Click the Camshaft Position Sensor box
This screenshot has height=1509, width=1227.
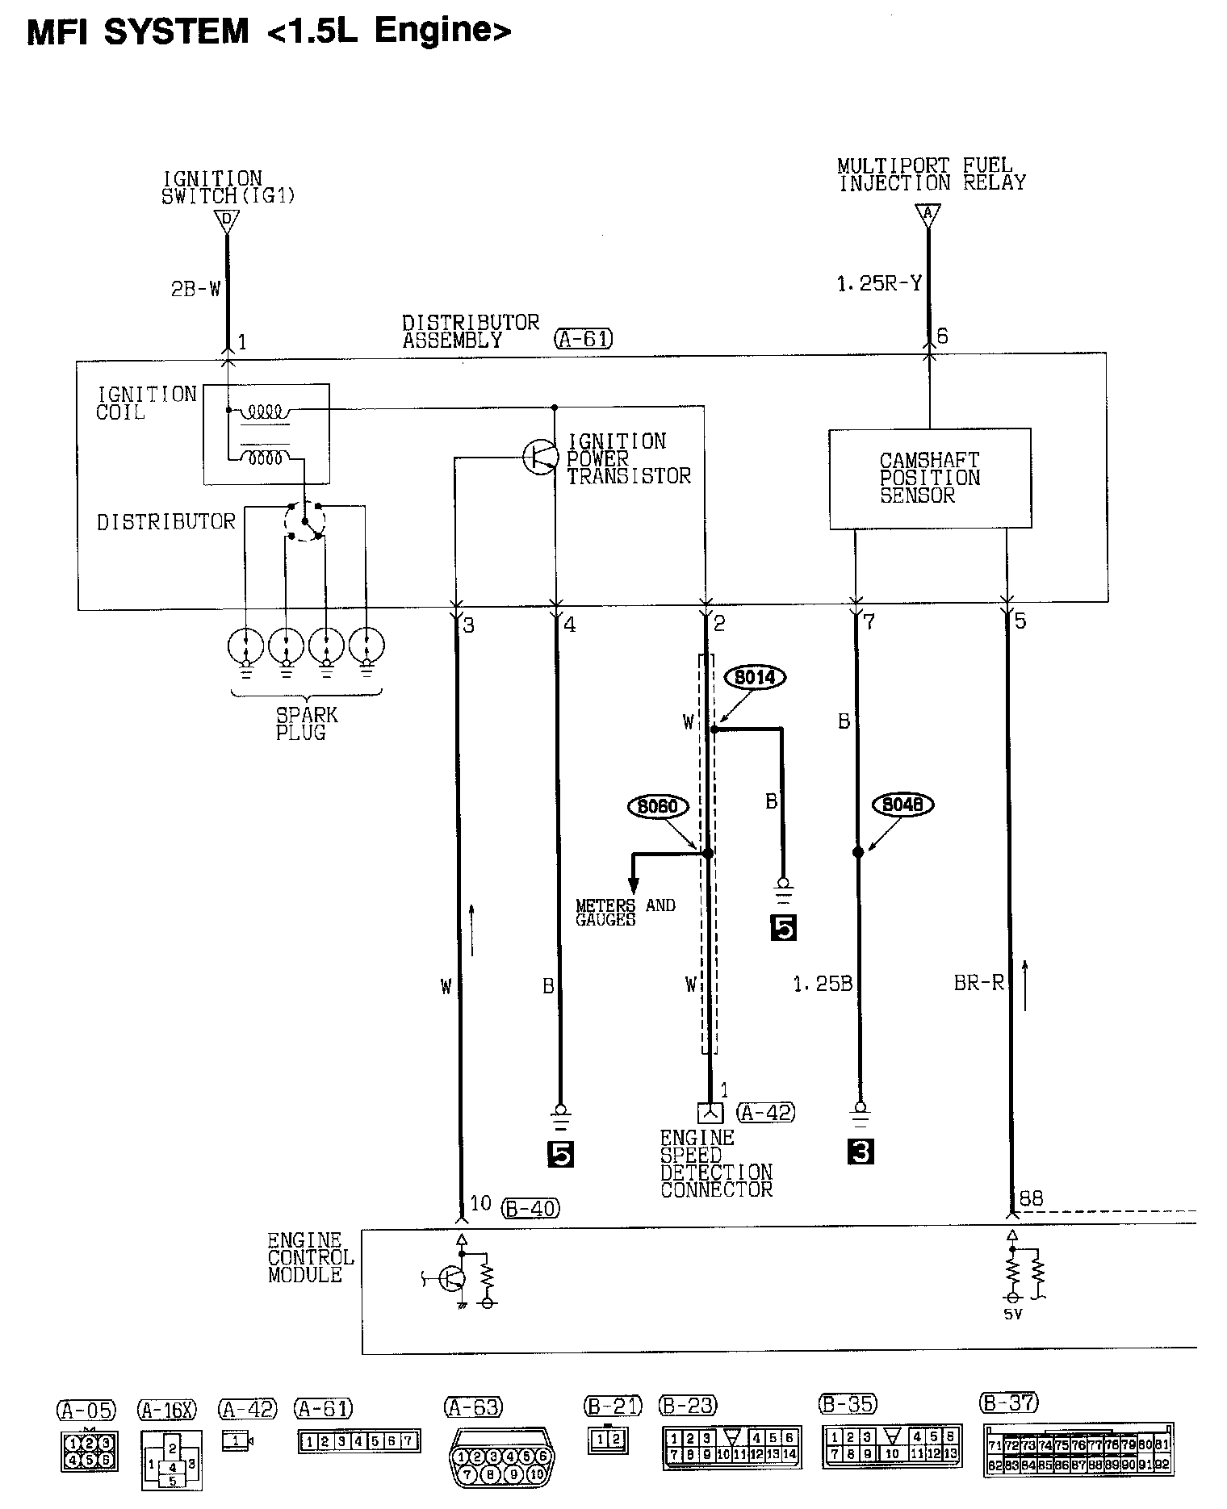[x=930, y=479]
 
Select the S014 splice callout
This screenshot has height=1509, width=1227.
[x=755, y=678]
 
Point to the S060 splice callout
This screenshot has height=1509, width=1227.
[x=658, y=806]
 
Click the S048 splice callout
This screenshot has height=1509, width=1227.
[x=902, y=805]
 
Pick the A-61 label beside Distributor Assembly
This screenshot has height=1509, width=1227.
[x=584, y=339]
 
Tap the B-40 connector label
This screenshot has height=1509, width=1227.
[x=530, y=1208]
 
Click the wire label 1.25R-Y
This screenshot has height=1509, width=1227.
[x=879, y=284]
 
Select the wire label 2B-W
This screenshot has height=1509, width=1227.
[x=195, y=289]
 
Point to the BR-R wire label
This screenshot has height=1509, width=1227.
[x=978, y=984]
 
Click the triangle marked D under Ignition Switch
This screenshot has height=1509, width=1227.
[x=227, y=219]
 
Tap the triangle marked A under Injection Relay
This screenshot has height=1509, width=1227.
[x=928, y=214]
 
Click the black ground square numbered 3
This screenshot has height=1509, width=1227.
[x=861, y=1152]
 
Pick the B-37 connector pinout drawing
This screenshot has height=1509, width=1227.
[x=1078, y=1450]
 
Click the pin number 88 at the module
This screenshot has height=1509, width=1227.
[x=1031, y=1199]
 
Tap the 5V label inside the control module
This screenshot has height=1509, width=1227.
[x=1012, y=1315]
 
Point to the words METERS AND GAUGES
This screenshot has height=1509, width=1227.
[x=625, y=913]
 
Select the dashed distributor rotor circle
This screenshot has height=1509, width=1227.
[x=304, y=521]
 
